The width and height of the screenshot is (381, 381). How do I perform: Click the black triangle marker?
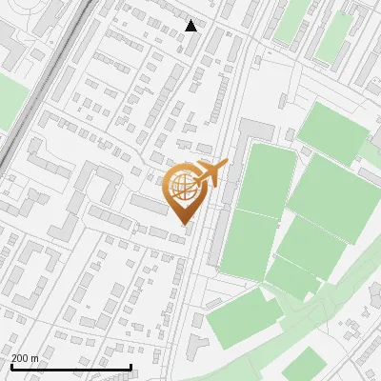click(191, 26)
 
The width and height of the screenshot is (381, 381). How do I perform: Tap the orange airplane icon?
click(211, 174)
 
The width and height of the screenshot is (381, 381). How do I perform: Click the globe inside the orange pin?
click(183, 188)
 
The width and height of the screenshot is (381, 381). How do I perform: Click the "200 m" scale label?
click(25, 358)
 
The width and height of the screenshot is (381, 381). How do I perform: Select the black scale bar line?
click(71, 367)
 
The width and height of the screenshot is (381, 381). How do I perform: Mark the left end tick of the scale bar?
click(12, 367)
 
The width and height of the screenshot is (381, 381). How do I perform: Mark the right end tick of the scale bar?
click(130, 367)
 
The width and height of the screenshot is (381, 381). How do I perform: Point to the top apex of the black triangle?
click(191, 20)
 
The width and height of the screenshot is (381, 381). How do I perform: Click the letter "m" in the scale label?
click(34, 358)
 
